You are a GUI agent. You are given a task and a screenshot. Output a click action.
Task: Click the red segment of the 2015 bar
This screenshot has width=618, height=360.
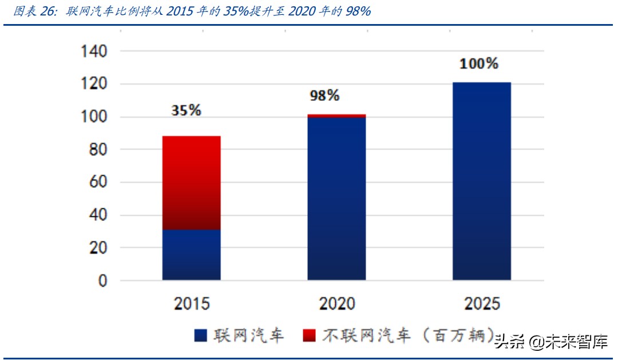pyautogui.click(x=191, y=182)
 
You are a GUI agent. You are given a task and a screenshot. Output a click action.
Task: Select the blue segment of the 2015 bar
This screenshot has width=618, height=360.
pyautogui.click(x=191, y=255)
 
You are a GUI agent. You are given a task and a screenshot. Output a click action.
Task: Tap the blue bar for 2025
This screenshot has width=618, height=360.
pyautogui.click(x=481, y=181)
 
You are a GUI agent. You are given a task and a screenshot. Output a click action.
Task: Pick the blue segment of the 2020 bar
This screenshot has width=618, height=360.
pyautogui.click(x=336, y=198)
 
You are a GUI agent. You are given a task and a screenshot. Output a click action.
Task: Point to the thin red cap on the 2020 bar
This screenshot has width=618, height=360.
pyautogui.click(x=336, y=116)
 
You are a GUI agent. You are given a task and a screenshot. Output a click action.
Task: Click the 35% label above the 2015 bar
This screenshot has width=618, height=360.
pyautogui.click(x=187, y=110)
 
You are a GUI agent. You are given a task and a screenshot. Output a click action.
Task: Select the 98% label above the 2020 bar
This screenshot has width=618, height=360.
pyautogui.click(x=324, y=96)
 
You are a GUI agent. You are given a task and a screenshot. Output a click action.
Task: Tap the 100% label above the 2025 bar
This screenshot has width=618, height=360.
pyautogui.click(x=479, y=64)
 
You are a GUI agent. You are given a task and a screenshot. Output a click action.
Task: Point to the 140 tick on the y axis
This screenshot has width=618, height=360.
pyautogui.click(x=93, y=52)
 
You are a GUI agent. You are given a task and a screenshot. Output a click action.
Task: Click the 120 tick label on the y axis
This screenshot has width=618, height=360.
pyautogui.click(x=93, y=84)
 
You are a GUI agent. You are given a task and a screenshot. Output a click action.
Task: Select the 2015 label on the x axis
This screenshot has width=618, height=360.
pyautogui.click(x=191, y=303)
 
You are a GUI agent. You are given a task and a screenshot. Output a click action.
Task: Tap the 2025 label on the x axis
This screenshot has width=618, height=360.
pyautogui.click(x=481, y=303)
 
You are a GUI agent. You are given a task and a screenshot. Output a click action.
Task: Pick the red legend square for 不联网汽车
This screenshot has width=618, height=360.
pyautogui.click(x=309, y=336)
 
